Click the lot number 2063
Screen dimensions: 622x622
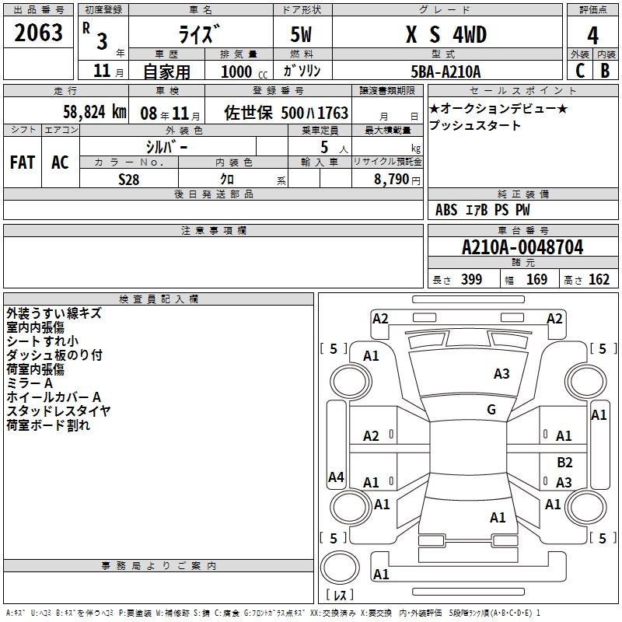(x=38, y=33)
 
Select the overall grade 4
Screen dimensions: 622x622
(x=592, y=36)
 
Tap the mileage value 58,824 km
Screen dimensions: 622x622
(x=95, y=112)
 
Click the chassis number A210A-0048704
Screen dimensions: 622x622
(x=522, y=247)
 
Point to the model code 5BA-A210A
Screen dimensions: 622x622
(x=446, y=72)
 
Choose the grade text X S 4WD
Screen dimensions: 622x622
(x=446, y=34)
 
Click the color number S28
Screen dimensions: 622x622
(x=129, y=180)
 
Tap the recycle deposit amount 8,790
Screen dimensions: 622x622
(x=391, y=180)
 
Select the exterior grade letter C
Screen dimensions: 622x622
(x=580, y=71)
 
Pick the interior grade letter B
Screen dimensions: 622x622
(x=605, y=71)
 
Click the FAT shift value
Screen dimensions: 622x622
(x=23, y=162)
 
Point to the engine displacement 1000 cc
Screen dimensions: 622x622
(x=244, y=72)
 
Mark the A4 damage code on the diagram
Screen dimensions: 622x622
(x=336, y=477)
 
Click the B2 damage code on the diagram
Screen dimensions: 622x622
(x=564, y=462)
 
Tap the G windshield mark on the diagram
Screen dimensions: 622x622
(x=491, y=409)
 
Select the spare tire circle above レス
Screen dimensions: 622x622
(x=340, y=568)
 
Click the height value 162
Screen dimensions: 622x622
(x=599, y=279)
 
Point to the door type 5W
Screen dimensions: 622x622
(x=301, y=34)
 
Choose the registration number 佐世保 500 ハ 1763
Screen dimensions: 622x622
(x=286, y=113)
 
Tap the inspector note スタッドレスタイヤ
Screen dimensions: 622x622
(x=58, y=411)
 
